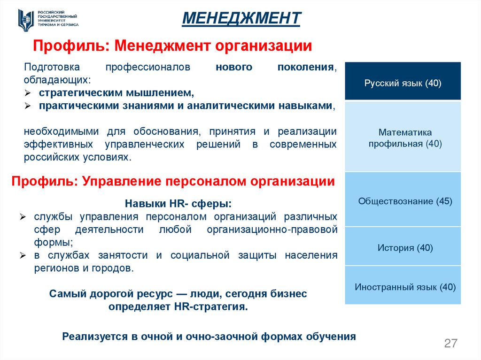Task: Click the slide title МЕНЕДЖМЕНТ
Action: click(241, 18)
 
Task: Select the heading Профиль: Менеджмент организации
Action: click(172, 46)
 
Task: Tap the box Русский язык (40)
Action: click(403, 83)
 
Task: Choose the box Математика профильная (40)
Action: click(403, 138)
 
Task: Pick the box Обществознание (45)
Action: click(403, 201)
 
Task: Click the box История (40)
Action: click(403, 247)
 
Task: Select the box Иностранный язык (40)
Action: click(403, 286)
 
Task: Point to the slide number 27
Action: click(450, 343)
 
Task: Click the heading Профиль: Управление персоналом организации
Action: click(173, 181)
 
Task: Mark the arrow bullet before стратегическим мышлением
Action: click(28, 93)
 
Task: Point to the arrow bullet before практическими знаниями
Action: click(28, 106)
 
